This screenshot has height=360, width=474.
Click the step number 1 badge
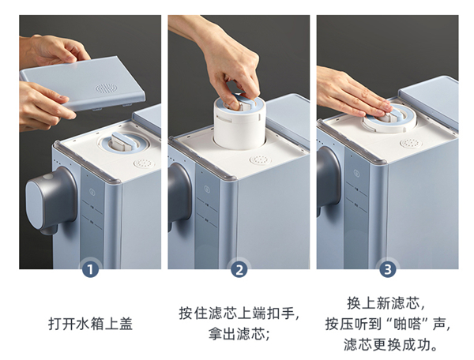click(x=90, y=268)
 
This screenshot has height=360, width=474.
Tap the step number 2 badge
click(x=239, y=269)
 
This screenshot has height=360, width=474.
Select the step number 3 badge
click(x=388, y=269)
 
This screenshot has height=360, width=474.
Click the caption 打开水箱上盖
click(x=90, y=324)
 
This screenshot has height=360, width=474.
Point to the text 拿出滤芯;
click(x=239, y=334)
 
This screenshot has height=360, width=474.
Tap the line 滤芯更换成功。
click(x=390, y=344)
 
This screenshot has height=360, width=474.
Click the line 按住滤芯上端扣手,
click(x=239, y=313)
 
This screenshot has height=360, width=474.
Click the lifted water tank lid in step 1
click(x=82, y=83)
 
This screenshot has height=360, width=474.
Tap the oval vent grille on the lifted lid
click(x=106, y=88)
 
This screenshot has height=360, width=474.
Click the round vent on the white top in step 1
click(x=145, y=163)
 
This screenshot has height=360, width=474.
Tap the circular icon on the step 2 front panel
click(x=207, y=189)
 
